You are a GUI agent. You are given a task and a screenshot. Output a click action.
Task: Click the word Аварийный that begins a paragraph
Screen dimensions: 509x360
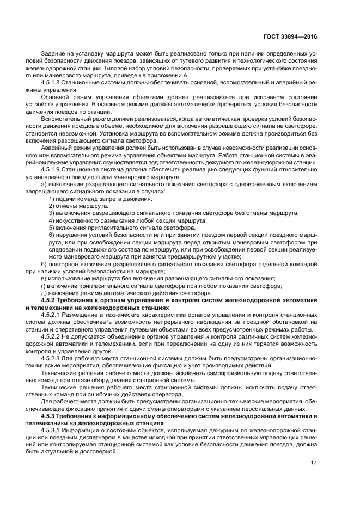pos(56,147)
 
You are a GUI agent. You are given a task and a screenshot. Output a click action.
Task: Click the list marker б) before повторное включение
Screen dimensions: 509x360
pos(44,263)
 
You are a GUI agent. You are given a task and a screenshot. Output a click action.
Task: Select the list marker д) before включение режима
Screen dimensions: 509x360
pos(44,292)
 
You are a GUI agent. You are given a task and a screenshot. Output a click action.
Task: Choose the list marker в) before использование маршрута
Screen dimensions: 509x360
pos(44,278)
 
